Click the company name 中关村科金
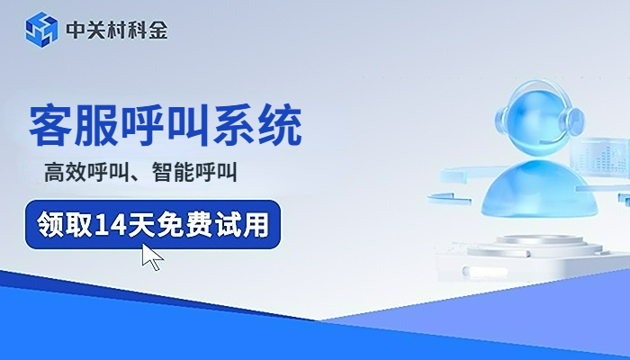[116, 31]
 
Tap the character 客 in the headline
[51, 127]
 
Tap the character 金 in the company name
[157, 31]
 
